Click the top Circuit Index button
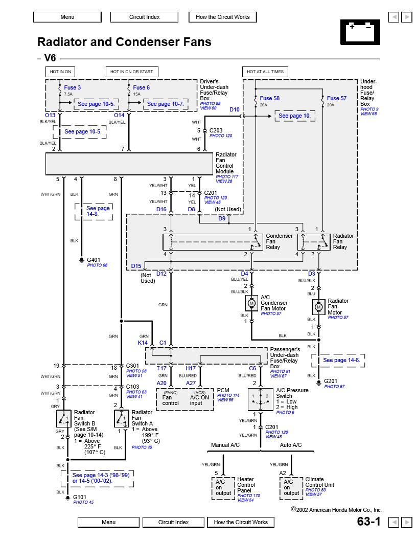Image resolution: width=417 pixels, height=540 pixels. click(145, 17)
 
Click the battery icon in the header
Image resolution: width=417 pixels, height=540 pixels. click(360, 32)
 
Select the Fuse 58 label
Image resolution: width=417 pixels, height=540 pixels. click(269, 98)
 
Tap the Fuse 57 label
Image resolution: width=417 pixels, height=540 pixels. click(336, 98)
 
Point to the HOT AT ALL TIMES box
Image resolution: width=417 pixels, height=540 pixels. click(265, 72)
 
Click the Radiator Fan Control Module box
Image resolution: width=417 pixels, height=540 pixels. click(129, 164)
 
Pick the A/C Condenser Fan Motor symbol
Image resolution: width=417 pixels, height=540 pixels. click(251, 303)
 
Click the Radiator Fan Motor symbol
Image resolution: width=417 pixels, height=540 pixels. click(318, 307)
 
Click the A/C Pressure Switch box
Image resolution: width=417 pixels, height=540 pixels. click(261, 399)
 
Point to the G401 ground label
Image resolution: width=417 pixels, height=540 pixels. click(94, 260)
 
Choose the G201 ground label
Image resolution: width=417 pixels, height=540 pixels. click(331, 381)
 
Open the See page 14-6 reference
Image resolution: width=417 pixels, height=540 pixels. click(341, 360)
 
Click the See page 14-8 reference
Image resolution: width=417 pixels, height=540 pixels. click(98, 212)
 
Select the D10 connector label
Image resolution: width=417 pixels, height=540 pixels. click(234, 109)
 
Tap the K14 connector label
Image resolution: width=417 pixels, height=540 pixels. click(143, 342)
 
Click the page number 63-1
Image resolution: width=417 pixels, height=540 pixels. click(369, 522)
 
